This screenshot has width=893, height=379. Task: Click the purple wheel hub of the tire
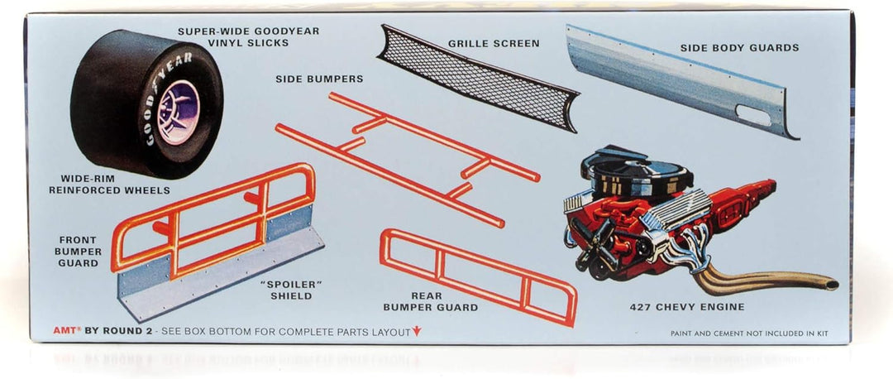coord(179,111)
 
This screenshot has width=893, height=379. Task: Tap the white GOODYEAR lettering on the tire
coord(166,97)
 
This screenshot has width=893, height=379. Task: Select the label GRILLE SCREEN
coord(494,43)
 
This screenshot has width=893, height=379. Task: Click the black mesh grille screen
coord(478,78)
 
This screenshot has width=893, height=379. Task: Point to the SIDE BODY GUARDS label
coord(739,48)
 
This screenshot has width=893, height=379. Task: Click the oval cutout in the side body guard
coord(753,115)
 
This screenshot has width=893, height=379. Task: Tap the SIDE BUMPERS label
coord(319,79)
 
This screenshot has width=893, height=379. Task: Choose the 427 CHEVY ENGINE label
coord(687,307)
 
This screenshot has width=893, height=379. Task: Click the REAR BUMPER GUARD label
coord(430,302)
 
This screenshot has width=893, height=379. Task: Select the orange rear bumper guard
coord(479,276)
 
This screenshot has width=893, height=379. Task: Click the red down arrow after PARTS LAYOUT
coord(416,331)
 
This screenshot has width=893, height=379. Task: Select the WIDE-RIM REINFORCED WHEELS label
coord(109,184)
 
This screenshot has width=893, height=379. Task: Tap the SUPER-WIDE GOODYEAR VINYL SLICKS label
coord(248,37)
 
